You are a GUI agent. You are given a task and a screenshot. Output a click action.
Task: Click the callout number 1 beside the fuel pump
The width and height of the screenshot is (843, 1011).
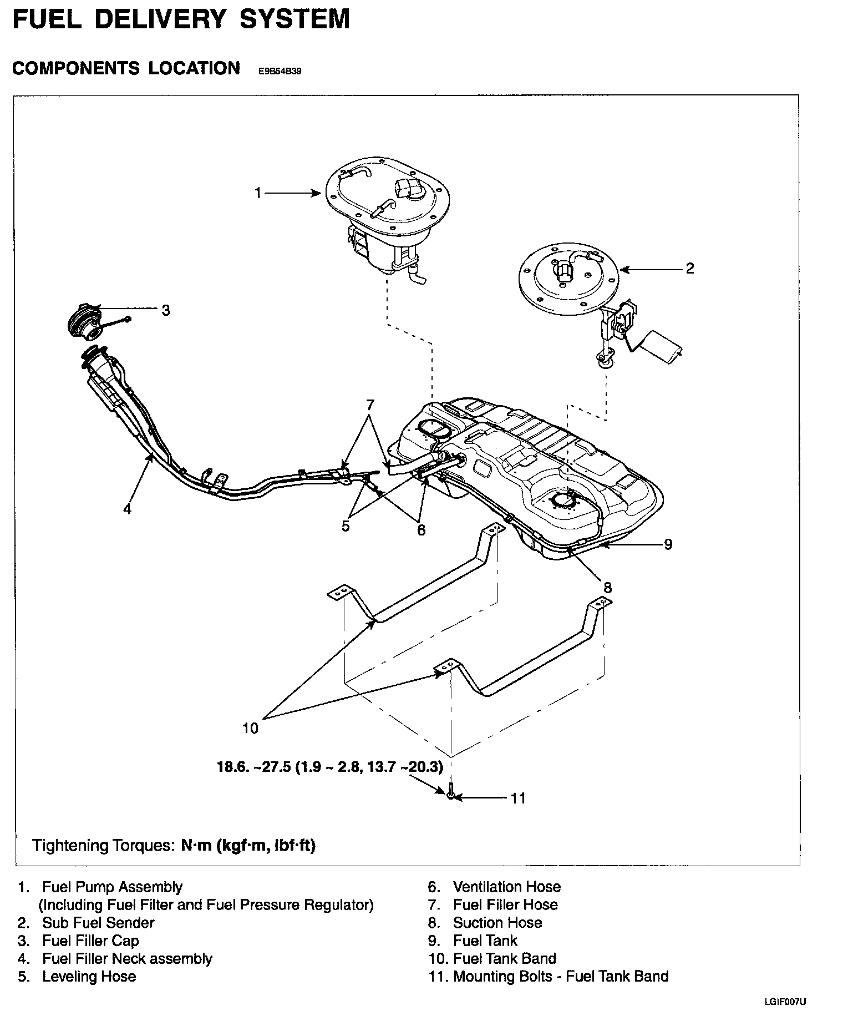(x=257, y=193)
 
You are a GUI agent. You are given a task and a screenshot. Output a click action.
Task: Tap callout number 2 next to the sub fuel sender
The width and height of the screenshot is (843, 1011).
(x=690, y=269)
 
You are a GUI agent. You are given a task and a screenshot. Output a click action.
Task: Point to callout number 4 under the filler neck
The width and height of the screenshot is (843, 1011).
(x=128, y=508)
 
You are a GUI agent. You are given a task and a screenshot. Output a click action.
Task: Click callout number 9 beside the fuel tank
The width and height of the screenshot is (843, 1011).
(x=668, y=544)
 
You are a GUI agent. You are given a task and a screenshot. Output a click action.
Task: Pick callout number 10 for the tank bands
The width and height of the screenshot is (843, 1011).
(x=251, y=727)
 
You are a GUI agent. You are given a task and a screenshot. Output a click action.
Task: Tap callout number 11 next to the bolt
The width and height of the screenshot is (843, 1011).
(x=517, y=798)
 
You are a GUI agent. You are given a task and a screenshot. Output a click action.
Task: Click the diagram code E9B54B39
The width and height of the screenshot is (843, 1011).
(x=280, y=72)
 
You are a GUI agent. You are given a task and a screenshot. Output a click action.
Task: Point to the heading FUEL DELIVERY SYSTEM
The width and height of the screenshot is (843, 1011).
(x=181, y=18)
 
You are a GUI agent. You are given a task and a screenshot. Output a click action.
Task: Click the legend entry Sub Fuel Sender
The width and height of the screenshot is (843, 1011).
(x=98, y=923)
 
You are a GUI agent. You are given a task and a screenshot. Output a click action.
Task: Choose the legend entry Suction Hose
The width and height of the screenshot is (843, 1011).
(x=497, y=923)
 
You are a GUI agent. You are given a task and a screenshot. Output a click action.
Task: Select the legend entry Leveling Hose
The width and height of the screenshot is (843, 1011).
(x=89, y=976)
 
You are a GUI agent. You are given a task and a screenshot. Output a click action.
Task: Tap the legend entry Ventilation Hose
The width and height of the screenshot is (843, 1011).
(x=507, y=887)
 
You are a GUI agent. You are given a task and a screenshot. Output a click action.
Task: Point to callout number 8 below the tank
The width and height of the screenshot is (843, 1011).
(x=607, y=587)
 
